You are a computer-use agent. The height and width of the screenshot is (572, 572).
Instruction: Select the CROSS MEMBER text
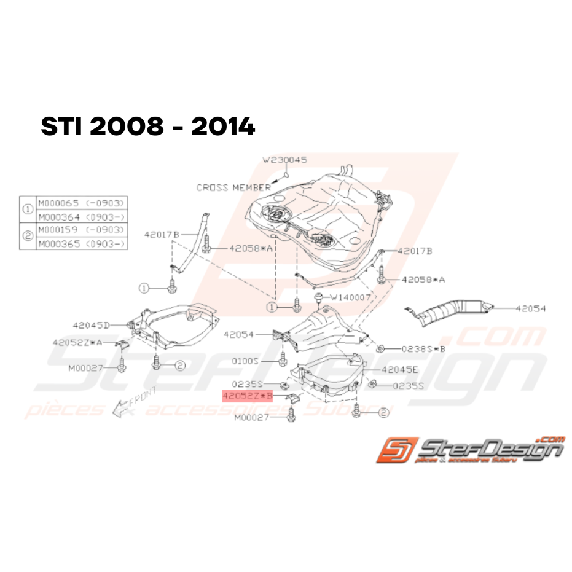click(x=233, y=187)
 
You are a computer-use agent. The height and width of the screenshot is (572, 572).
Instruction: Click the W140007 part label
click(x=351, y=297)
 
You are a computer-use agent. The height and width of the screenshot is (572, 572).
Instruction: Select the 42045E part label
click(x=399, y=370)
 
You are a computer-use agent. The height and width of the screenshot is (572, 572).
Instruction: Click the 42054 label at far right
click(x=530, y=309)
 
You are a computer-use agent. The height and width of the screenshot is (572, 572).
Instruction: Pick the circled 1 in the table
click(x=28, y=210)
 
